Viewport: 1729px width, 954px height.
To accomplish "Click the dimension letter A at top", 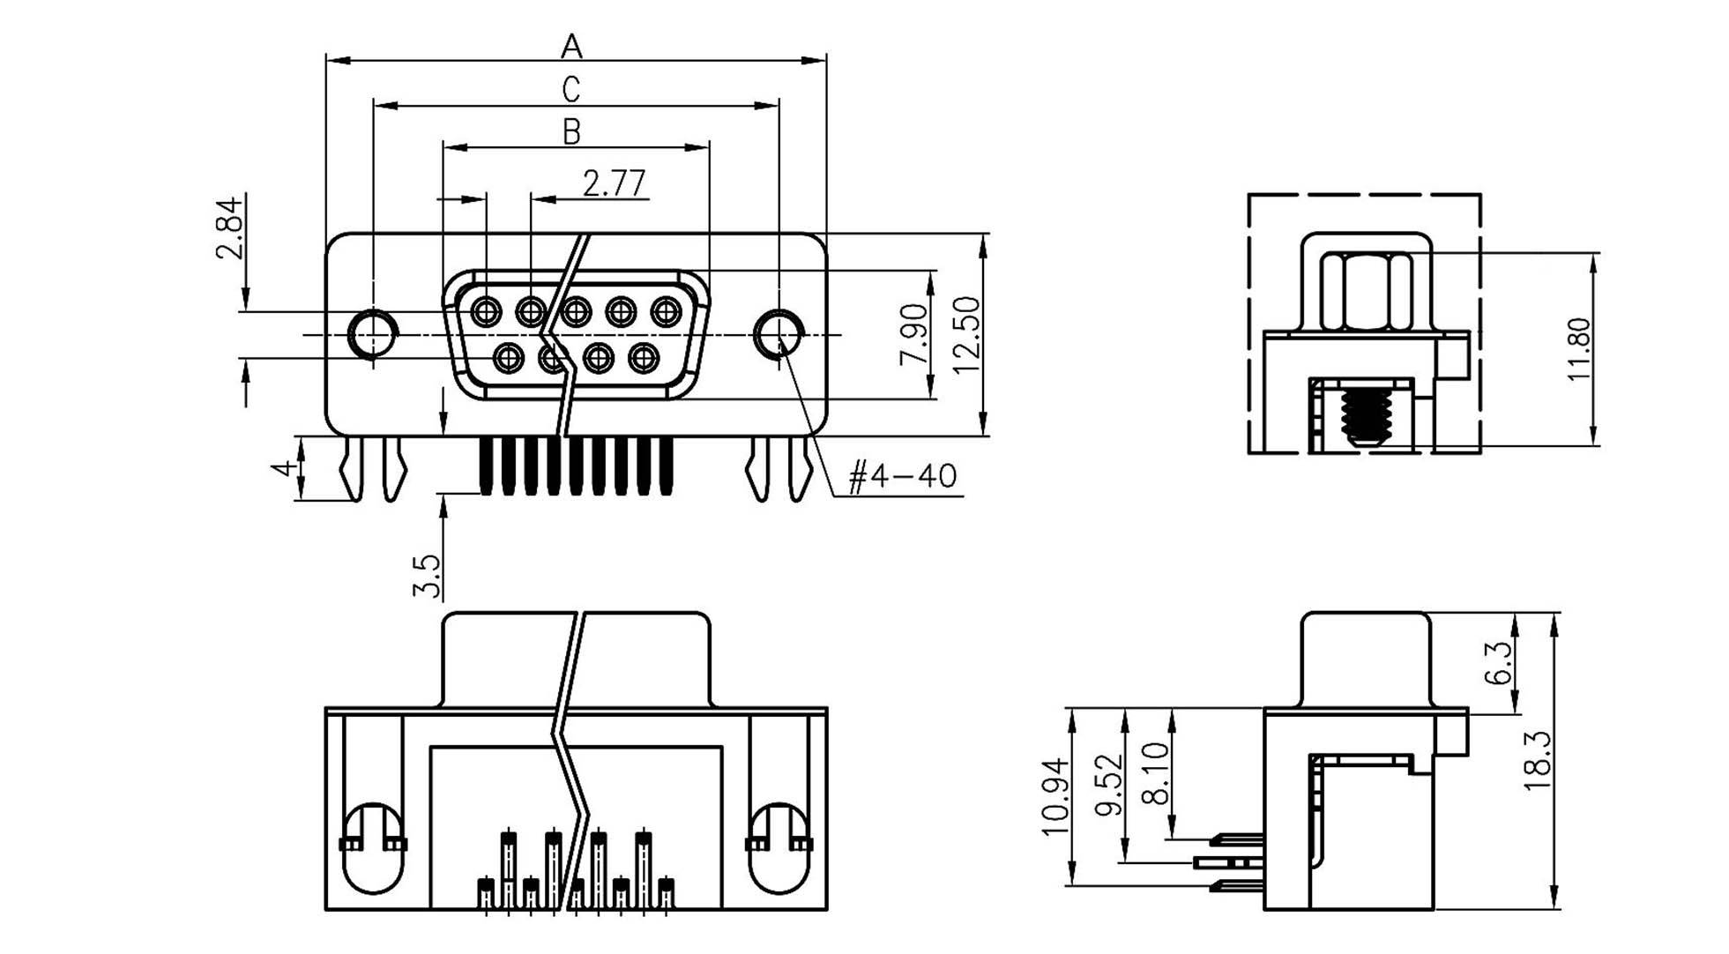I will (x=571, y=45).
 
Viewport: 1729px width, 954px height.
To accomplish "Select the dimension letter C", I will (x=571, y=90).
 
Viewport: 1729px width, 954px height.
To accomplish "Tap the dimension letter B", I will (x=571, y=132).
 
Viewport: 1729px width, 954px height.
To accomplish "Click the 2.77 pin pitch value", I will (x=615, y=183).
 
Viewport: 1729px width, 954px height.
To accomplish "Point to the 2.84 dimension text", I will (x=229, y=227).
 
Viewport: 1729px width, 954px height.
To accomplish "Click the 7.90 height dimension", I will (x=913, y=334).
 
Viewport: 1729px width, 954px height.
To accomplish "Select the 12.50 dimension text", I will (x=966, y=334).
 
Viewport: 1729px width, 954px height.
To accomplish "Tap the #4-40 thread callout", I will (x=902, y=477).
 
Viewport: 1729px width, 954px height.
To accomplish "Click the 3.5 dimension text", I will (x=427, y=575).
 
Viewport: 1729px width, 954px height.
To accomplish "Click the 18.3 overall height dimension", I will (x=1537, y=761).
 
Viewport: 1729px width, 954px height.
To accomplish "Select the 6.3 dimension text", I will (x=1498, y=663).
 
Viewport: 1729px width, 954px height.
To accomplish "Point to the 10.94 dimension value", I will (x=1055, y=796).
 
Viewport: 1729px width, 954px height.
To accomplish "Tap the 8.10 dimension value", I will (x=1155, y=772).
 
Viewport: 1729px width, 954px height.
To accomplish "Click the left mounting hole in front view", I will (x=372, y=334).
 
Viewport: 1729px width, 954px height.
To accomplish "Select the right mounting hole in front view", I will (x=779, y=334).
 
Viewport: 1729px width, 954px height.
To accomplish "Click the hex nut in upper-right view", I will (x=1365, y=292).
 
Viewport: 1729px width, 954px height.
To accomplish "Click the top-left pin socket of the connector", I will (x=486, y=311).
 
